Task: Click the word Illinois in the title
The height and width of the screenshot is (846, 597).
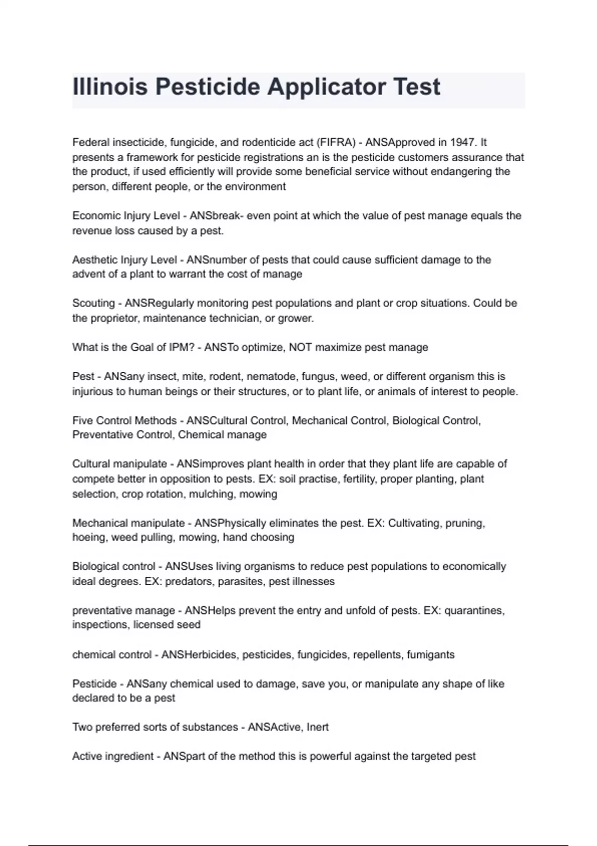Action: pyautogui.click(x=110, y=87)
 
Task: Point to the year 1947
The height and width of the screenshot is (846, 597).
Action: pyautogui.click(x=462, y=142)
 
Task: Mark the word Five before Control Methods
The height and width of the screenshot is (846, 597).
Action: pyautogui.click(x=82, y=421)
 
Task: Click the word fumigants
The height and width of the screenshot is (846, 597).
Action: pyautogui.click(x=430, y=654)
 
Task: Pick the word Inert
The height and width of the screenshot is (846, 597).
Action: pyautogui.click(x=317, y=727)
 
